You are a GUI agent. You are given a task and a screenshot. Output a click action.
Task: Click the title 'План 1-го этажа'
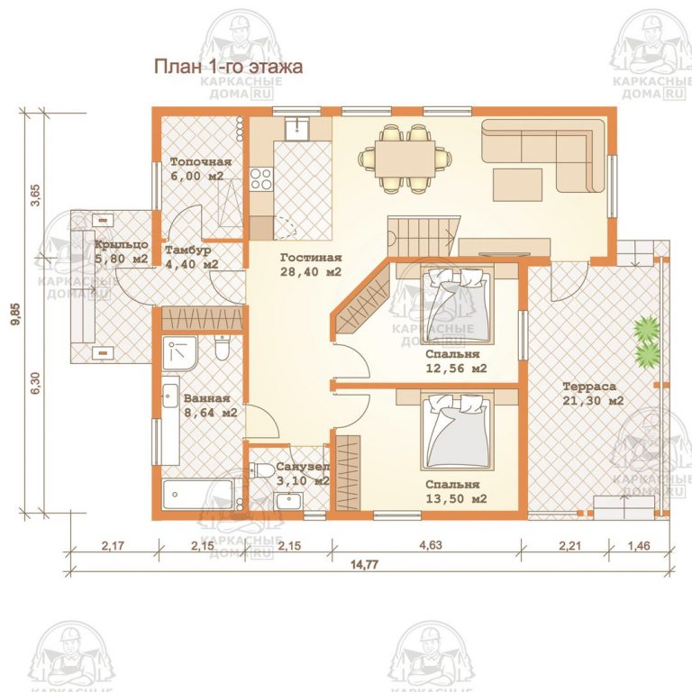(227, 66)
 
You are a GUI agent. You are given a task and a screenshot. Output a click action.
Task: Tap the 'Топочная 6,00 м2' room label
(201, 169)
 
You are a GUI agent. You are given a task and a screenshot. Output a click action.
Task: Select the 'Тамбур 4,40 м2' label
(191, 257)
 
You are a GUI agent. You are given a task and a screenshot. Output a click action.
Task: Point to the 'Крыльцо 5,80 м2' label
(121, 251)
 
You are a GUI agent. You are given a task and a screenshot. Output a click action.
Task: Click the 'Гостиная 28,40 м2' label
(310, 264)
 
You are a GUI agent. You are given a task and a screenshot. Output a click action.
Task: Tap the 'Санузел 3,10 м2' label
(302, 474)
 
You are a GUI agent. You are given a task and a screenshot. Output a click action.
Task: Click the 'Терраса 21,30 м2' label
(593, 394)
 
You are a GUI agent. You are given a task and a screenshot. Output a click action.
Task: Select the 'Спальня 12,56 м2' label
(457, 360)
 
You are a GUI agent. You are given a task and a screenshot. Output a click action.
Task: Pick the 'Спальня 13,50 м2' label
(457, 490)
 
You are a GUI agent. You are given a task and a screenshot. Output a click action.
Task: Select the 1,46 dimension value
(638, 544)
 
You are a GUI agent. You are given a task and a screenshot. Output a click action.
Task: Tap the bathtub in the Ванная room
(197, 495)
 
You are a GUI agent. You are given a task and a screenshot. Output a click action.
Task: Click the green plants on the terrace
(646, 341)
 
